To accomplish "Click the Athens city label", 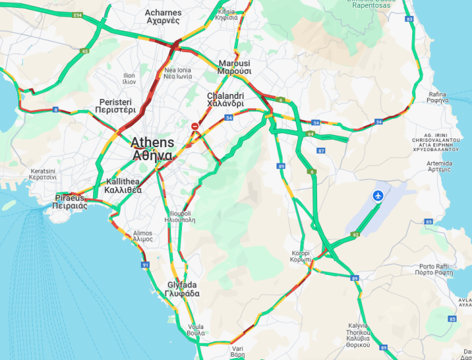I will [x=152, y=148].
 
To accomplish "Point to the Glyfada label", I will [x=182, y=289].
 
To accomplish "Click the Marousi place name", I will [x=234, y=67].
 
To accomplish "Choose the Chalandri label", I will [x=225, y=100].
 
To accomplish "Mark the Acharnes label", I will [x=163, y=16].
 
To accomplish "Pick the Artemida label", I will [x=439, y=166].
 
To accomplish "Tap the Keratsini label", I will [x=43, y=174].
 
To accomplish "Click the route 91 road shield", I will [x=145, y=265].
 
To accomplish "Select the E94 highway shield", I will [x=78, y=15].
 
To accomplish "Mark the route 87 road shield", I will [x=322, y=150].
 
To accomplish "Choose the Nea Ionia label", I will [x=177, y=73].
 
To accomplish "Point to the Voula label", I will [x=195, y=330].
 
